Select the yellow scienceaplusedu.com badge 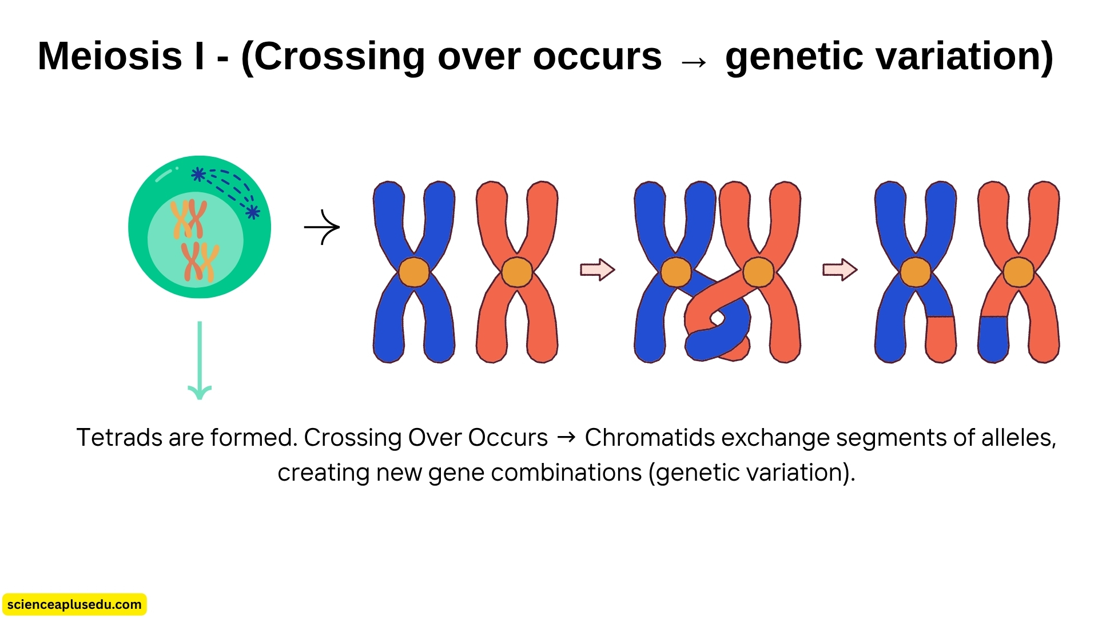coord(74,604)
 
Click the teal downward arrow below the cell coord(200,360)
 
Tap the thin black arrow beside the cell coord(322,227)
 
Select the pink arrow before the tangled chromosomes coord(597,270)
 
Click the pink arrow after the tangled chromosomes coord(840,270)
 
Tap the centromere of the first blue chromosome coord(413,272)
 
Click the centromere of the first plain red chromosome coord(517,272)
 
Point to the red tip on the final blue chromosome coord(941,339)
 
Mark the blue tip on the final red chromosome coord(993,339)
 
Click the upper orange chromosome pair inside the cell coord(188,219)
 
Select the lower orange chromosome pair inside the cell coord(200,262)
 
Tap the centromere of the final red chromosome coord(1019,272)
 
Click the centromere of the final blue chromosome coord(916,272)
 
